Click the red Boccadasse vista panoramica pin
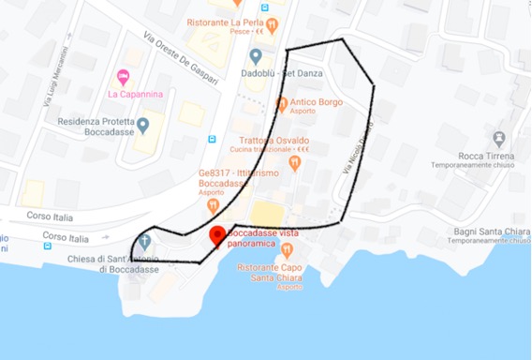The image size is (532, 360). pos(216,235)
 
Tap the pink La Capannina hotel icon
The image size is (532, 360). pos(122,76)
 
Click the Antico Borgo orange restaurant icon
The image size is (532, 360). pos(282,103)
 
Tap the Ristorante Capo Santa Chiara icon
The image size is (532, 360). pos(288,249)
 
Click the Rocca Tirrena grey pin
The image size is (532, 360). pos(498,139)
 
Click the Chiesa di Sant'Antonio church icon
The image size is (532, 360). pos(145,243)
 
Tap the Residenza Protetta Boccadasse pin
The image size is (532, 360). pos(142,124)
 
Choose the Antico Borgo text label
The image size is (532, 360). pos(316,102)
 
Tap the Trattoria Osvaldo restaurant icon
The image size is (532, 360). pos(295,163)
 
